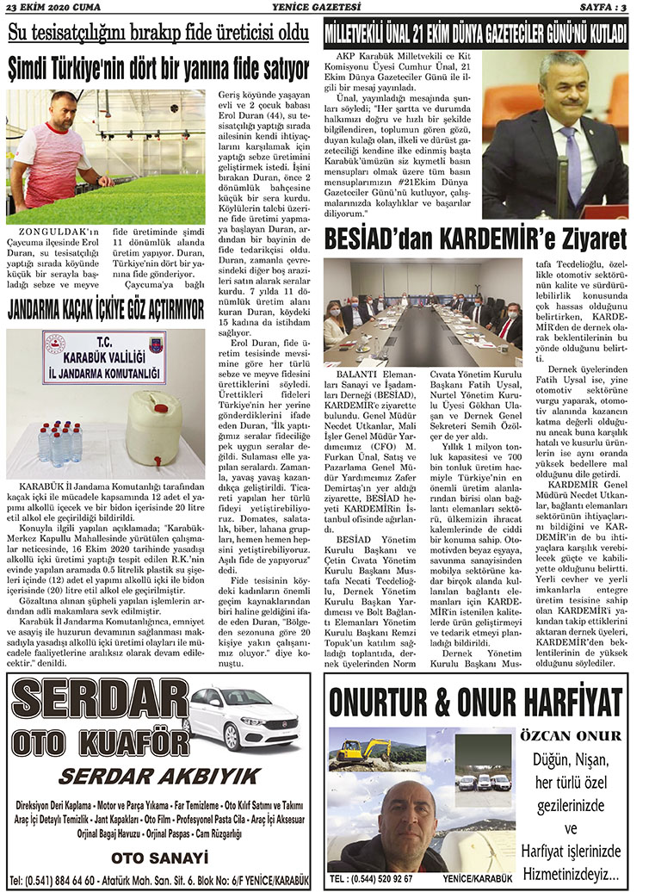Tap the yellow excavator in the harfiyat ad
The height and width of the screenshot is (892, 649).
tap(352, 753)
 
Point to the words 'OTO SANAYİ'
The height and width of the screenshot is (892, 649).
tap(160, 857)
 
